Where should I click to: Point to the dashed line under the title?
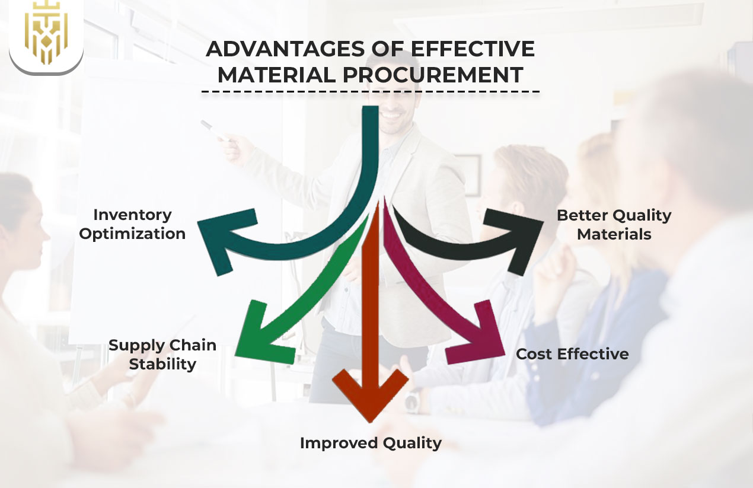point(371,92)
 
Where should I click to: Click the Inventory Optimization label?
point(132,224)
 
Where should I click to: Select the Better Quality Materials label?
point(614,225)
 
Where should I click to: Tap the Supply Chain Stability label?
point(162,355)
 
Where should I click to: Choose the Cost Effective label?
point(572,354)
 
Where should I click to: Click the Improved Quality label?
point(371,443)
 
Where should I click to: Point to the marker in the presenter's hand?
point(214,131)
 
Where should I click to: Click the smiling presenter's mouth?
point(392,113)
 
